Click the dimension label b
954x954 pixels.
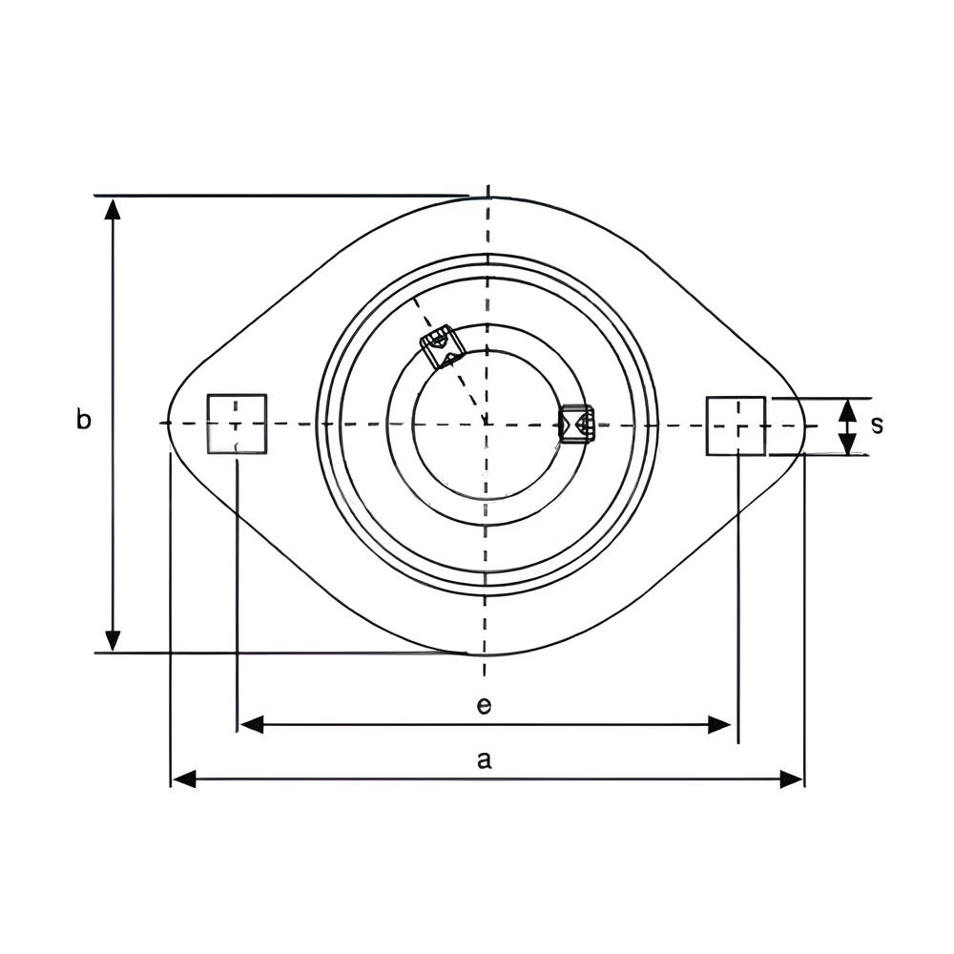coord(84,420)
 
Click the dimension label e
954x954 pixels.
coord(484,706)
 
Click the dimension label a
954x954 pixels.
coord(484,760)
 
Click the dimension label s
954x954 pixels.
coord(877,425)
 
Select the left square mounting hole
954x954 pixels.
coord(237,424)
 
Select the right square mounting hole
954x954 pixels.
coord(736,425)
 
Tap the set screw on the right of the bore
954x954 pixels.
coord(576,423)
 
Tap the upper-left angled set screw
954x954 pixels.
coord(443,347)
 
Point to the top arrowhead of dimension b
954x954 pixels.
coord(112,209)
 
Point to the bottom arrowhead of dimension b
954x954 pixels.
coord(112,640)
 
